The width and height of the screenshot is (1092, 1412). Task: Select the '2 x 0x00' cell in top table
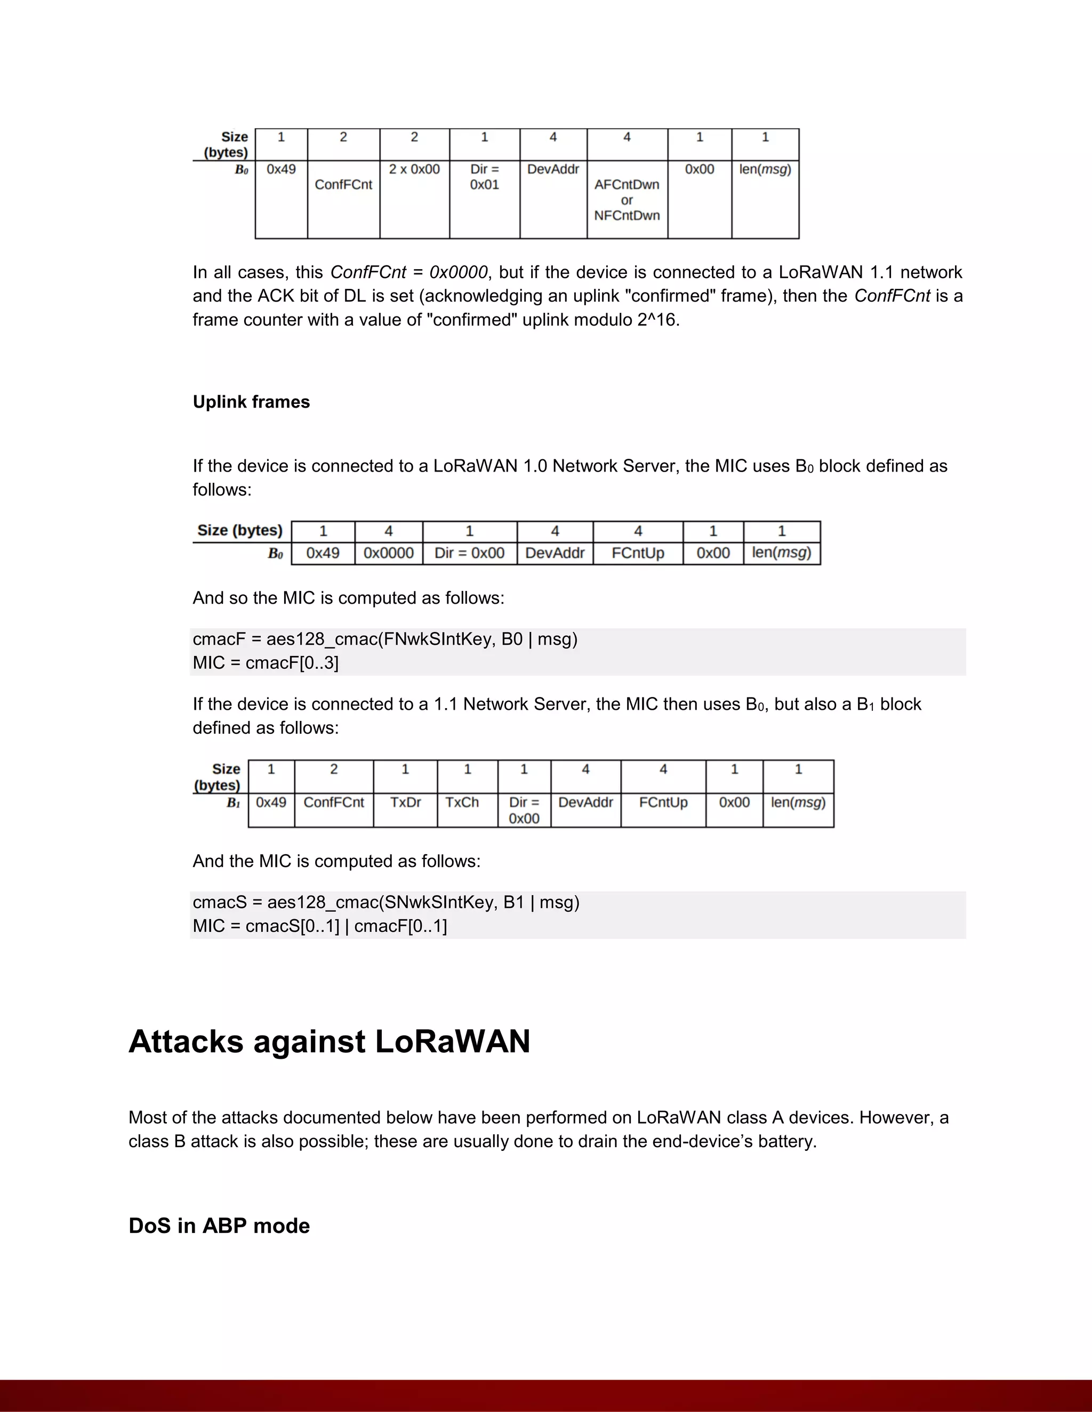tap(414, 169)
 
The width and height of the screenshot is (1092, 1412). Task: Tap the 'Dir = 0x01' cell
tap(484, 177)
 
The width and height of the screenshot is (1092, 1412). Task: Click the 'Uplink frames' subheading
tap(251, 402)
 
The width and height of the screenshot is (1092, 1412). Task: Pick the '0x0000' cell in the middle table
tap(388, 553)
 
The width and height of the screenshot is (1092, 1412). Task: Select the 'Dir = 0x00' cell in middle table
tap(469, 553)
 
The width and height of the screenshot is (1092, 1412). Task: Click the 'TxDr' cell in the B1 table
tap(405, 802)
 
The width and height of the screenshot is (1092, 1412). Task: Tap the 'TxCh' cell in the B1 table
tap(462, 802)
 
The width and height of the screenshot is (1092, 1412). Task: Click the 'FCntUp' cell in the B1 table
tap(663, 802)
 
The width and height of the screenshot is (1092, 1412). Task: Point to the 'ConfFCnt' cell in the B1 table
tap(334, 802)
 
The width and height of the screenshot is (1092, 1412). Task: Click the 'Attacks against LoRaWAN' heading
tap(330, 1042)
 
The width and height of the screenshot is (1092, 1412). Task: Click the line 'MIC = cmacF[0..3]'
tap(265, 663)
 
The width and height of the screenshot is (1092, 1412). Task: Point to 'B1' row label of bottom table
tap(233, 803)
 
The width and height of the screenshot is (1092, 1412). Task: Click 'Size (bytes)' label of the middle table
tap(239, 530)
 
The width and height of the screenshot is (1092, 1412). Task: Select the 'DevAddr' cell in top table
tap(552, 169)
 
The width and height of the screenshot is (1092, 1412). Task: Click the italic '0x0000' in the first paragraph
tap(458, 272)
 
